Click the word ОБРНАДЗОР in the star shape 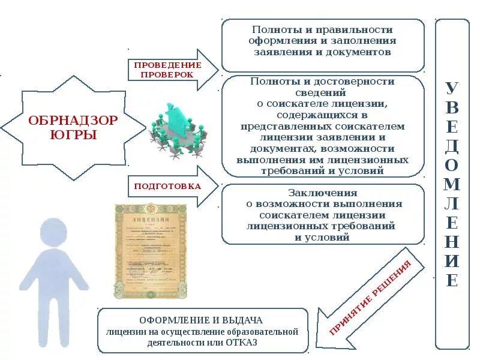(x=73, y=121)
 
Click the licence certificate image (x=151, y=250)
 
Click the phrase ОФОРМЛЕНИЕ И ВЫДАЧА (x=202, y=320)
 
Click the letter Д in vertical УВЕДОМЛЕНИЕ (x=452, y=146)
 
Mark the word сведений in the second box (x=321, y=92)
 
